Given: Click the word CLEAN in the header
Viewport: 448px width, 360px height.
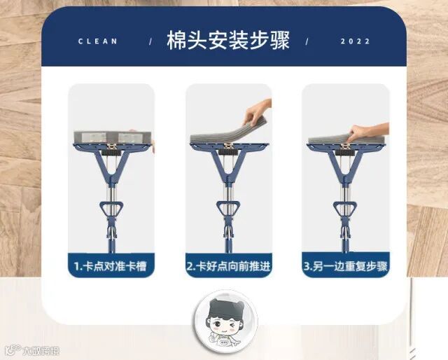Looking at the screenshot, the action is pos(98,41).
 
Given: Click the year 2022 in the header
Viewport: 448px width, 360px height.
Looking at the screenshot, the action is pos(355,41).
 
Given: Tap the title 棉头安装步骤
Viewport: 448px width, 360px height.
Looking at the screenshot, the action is pos(228,40).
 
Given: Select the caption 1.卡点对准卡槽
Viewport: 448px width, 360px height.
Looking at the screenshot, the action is pos(111,266).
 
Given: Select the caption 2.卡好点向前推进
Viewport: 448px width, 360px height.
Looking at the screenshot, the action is pos(228,266).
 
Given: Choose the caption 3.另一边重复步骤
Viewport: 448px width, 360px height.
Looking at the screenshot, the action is pos(345,266).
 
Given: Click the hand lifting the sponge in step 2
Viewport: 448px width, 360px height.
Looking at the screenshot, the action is pos(257,111).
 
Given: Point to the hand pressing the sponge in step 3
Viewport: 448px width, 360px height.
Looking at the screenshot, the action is pos(369,132).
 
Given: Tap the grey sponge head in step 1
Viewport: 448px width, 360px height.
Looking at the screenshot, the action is pos(112,137).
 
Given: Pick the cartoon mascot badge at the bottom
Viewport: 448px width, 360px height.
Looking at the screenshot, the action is pos(225,321).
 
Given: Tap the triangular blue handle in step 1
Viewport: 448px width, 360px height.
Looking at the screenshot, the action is pos(111,209).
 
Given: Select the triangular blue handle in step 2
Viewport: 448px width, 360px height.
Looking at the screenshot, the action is pos(228,209).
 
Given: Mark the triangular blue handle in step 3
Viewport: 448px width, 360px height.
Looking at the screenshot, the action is pos(345,209).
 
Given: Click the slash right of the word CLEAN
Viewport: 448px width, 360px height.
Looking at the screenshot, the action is pos(150,42).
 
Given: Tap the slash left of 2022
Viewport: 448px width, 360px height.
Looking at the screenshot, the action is pos(307,42).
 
